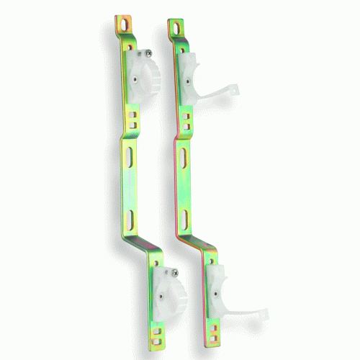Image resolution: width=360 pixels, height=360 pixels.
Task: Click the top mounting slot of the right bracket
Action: point(175,27)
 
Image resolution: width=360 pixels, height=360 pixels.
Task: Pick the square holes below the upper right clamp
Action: point(186,120)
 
